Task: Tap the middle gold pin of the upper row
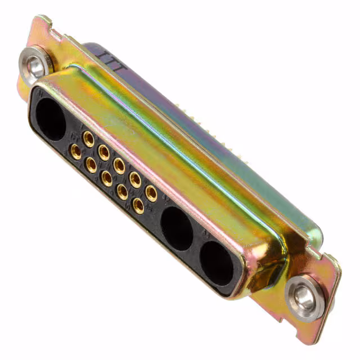(x=119, y=165)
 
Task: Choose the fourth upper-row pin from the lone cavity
(x=135, y=179)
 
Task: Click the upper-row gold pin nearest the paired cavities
(x=151, y=193)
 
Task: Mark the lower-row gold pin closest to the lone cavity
(x=75, y=151)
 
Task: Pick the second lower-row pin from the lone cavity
(x=91, y=164)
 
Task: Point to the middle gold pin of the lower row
(x=106, y=178)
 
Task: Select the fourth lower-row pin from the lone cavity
(x=122, y=192)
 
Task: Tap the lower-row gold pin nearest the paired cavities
(x=138, y=205)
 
